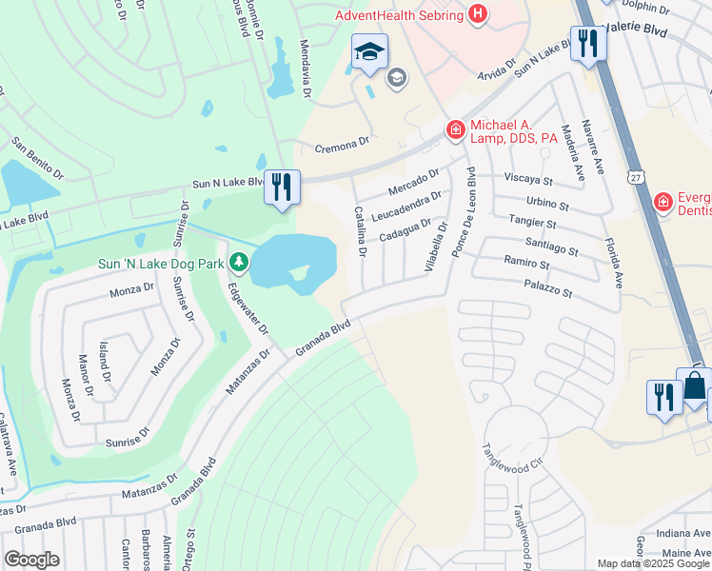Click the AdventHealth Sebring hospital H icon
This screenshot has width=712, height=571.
[x=478, y=14]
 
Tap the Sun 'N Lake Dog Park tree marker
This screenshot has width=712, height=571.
[x=238, y=262]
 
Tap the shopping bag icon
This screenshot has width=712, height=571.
[x=695, y=387]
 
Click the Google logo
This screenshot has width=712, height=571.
[x=30, y=560]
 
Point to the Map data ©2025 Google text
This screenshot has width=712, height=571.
[x=653, y=562]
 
